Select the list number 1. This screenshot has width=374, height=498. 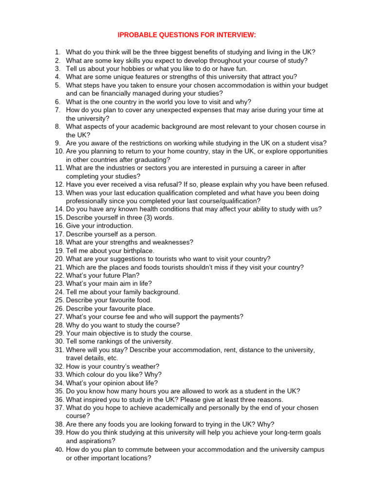click(x=57, y=52)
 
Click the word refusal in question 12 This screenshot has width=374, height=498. click(x=168, y=184)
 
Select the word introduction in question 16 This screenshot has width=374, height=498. click(x=113, y=226)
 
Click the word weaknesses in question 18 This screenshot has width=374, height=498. click(x=174, y=242)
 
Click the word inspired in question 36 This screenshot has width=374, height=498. click(x=96, y=399)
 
